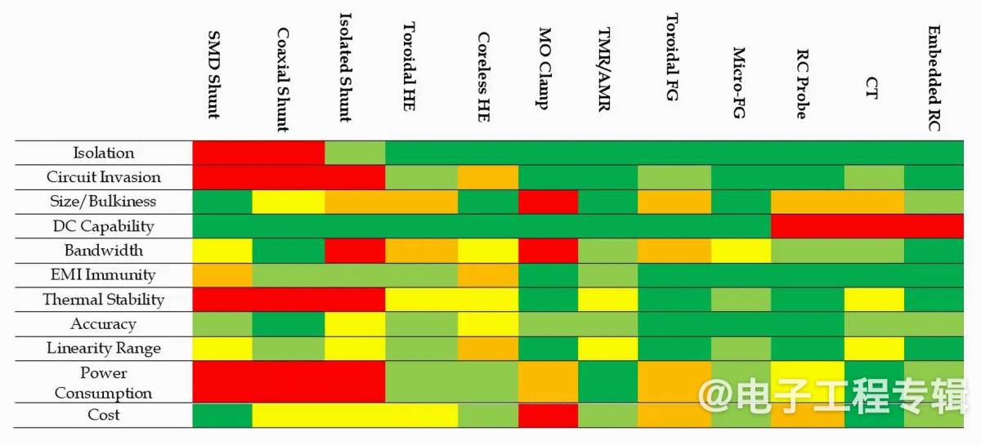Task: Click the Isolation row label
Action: point(104,153)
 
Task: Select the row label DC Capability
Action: point(103,226)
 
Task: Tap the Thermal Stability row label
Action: point(104,300)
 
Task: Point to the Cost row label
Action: point(104,415)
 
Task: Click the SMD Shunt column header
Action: point(214,74)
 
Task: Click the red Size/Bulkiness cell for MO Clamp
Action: point(548,202)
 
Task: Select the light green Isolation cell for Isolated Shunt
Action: point(355,153)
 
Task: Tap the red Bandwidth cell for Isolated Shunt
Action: point(355,251)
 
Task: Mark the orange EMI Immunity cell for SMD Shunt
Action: point(222,275)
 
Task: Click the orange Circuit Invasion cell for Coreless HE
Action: point(487,177)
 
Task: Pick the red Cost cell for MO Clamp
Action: point(548,415)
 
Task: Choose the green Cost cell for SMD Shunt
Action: point(222,415)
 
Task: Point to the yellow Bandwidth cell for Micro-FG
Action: point(741,251)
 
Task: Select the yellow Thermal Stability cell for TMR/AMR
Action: point(607,300)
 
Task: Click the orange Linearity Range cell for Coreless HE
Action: point(487,349)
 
